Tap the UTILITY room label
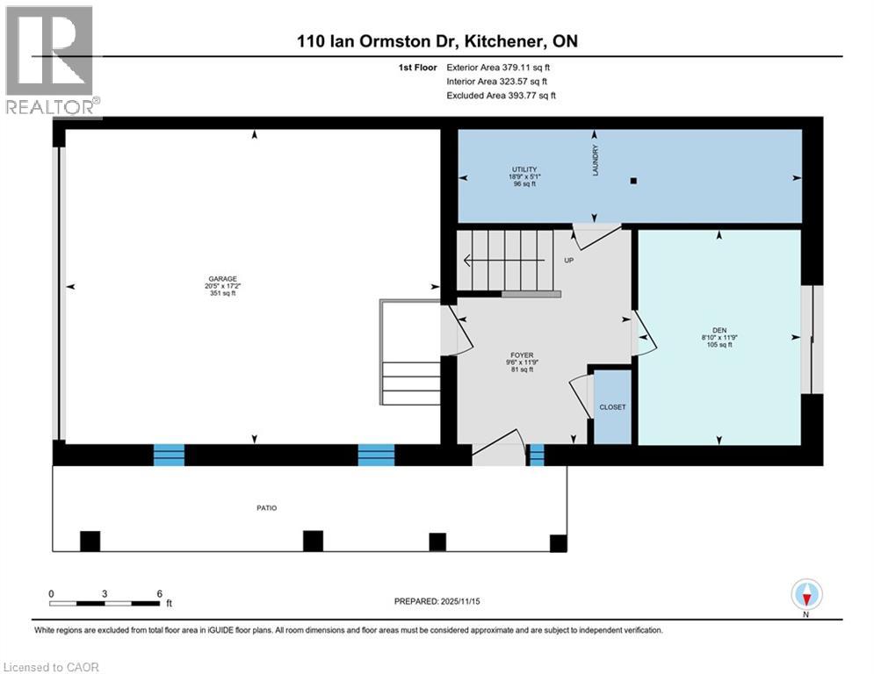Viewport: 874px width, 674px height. click(524, 169)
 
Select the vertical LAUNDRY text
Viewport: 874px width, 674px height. click(595, 161)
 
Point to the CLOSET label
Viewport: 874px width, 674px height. click(612, 407)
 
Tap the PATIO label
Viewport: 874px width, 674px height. click(265, 507)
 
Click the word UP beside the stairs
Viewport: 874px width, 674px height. click(568, 260)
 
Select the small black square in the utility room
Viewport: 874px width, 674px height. click(633, 182)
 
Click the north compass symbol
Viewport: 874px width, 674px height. click(806, 595)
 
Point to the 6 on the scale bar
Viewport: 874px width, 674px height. click(159, 594)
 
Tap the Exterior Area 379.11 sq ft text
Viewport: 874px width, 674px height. click(498, 67)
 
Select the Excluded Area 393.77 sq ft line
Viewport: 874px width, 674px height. click(501, 96)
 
